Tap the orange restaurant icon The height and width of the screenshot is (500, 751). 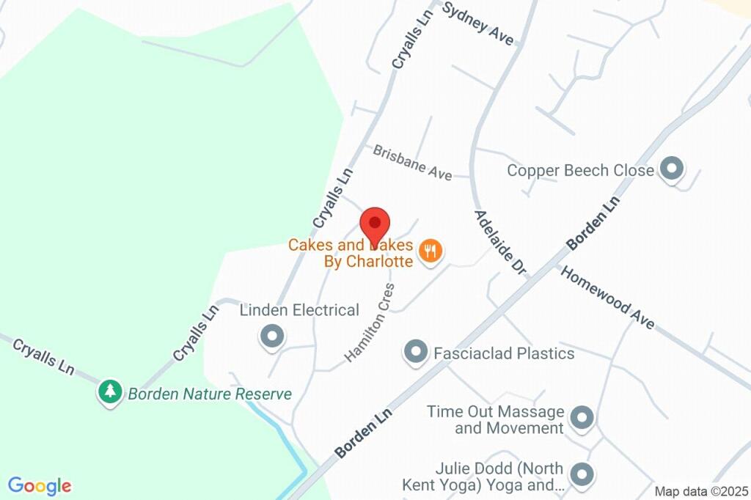(x=430, y=252)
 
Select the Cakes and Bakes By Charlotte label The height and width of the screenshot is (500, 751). (x=351, y=253)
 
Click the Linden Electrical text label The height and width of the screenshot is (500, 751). (x=299, y=310)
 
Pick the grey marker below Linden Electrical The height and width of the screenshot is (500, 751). (x=273, y=337)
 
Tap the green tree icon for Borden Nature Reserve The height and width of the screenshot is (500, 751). (x=110, y=391)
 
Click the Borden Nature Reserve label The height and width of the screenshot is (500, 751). (x=210, y=394)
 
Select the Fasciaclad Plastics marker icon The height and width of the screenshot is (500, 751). (x=416, y=352)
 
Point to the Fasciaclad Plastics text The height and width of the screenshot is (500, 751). (x=504, y=353)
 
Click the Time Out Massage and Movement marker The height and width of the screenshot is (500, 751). (x=582, y=418)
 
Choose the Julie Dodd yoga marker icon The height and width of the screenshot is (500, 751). (x=582, y=474)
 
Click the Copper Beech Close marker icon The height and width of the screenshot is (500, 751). (x=671, y=169)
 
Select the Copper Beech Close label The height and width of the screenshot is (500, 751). (x=580, y=171)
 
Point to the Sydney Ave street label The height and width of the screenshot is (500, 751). (x=479, y=23)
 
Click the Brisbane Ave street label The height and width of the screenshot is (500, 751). (x=412, y=163)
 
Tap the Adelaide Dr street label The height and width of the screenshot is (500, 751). (x=500, y=243)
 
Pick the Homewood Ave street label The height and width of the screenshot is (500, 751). (x=607, y=297)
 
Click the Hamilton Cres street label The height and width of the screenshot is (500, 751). (x=370, y=322)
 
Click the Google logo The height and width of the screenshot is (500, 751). (x=40, y=485)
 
